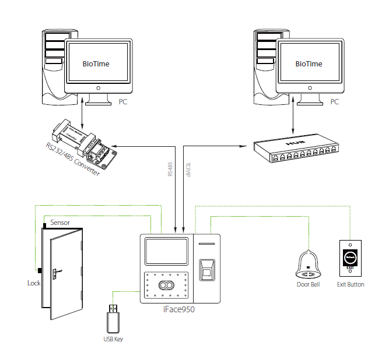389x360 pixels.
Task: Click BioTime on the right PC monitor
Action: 309,63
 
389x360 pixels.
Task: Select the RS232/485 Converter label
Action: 72,160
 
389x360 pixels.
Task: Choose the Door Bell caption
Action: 309,284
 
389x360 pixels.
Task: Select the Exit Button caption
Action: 351,284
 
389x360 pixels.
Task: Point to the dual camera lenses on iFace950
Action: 166,285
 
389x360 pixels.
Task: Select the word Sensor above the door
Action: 61,223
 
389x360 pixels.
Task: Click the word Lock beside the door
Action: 34,283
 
